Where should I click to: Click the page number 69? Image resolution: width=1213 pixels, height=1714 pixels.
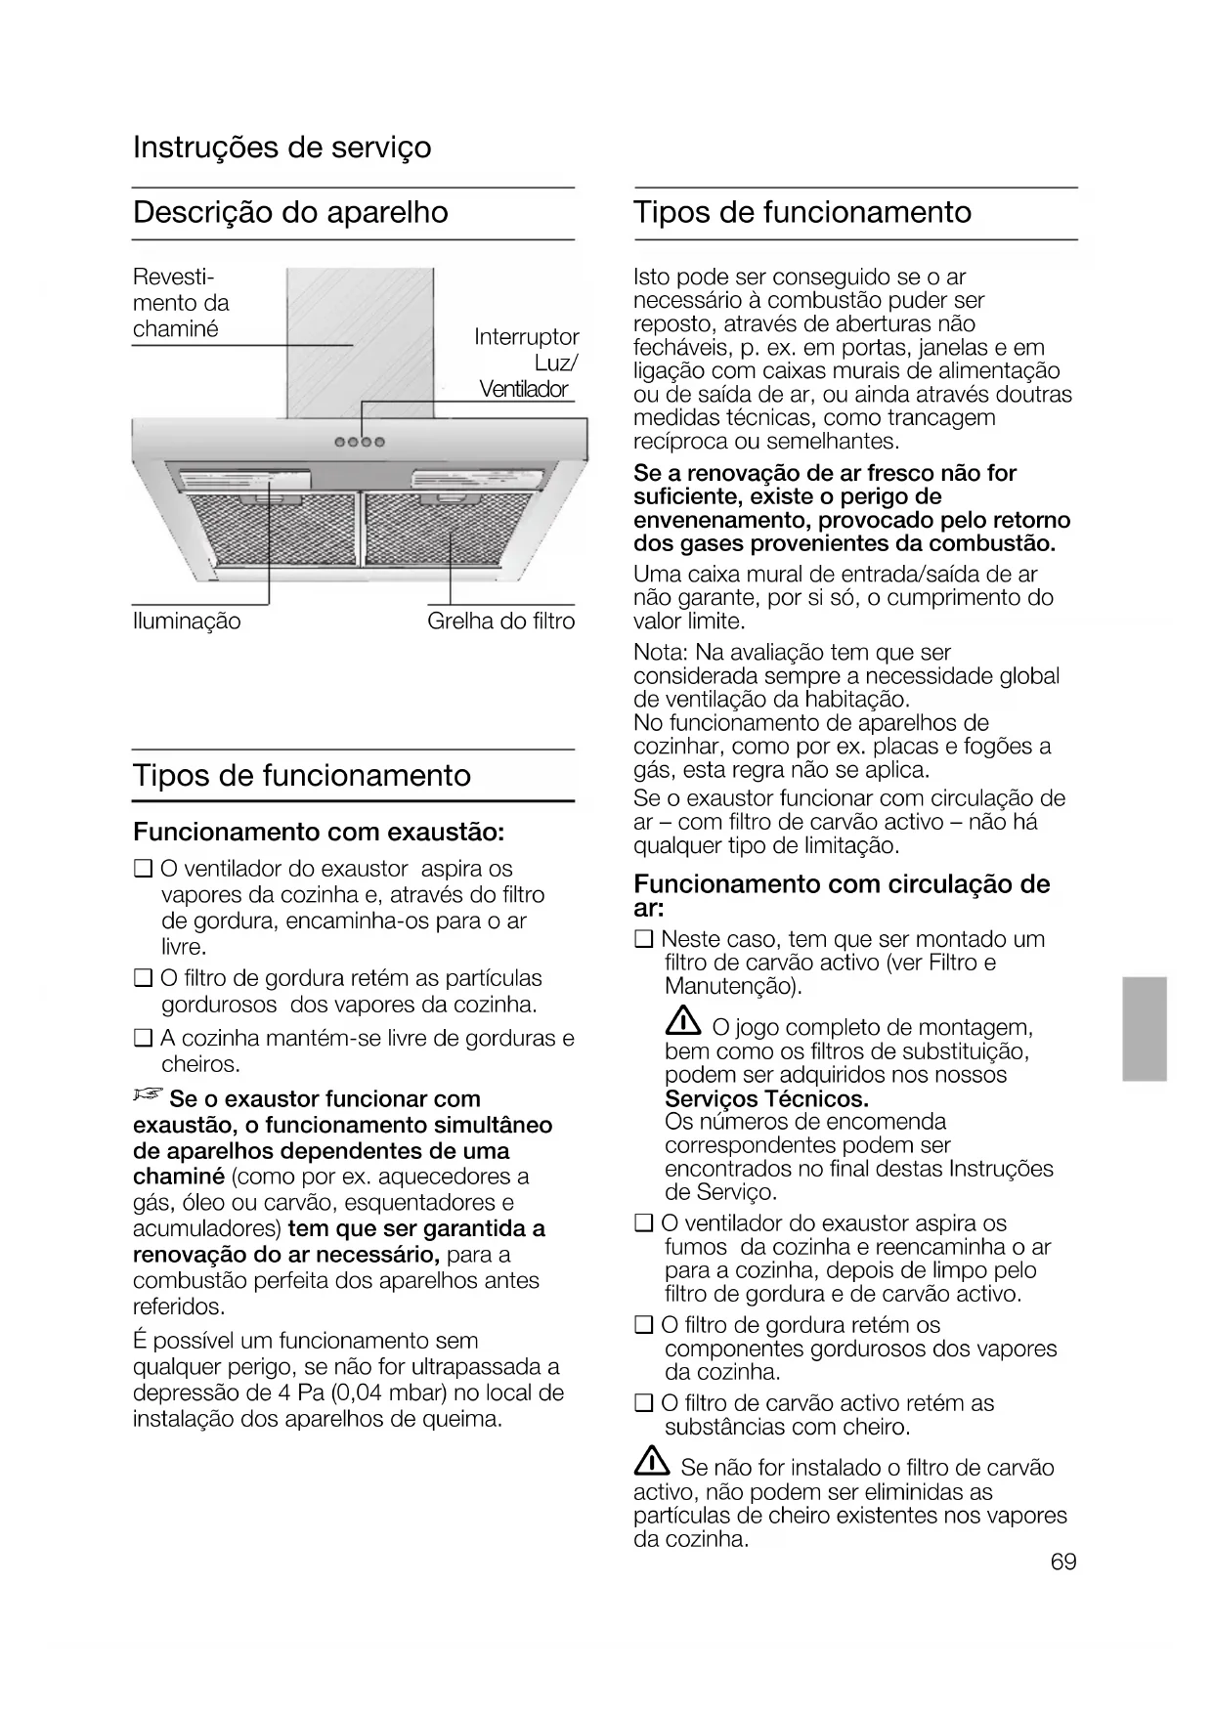click(x=1063, y=1561)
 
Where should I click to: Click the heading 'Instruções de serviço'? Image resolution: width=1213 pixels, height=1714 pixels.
click(x=282, y=148)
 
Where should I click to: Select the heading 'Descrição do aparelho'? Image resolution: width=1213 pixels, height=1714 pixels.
click(x=290, y=212)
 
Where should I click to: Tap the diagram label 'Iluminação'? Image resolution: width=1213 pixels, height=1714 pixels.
click(x=187, y=621)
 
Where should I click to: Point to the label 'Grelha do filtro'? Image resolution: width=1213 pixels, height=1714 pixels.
click(x=500, y=621)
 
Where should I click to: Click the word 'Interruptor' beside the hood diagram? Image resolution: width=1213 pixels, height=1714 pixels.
click(x=527, y=337)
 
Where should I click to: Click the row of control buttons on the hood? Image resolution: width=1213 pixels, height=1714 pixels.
click(x=361, y=442)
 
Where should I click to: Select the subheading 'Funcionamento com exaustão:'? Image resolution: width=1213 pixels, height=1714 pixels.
click(x=319, y=833)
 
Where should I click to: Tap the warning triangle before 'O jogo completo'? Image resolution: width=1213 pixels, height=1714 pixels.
click(x=682, y=1023)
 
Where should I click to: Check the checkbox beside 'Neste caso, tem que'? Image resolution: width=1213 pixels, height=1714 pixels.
click(x=643, y=940)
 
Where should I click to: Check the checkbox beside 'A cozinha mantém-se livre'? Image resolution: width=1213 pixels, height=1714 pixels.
click(x=143, y=1039)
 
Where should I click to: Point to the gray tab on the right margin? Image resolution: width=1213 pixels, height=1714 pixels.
click(x=1145, y=1028)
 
